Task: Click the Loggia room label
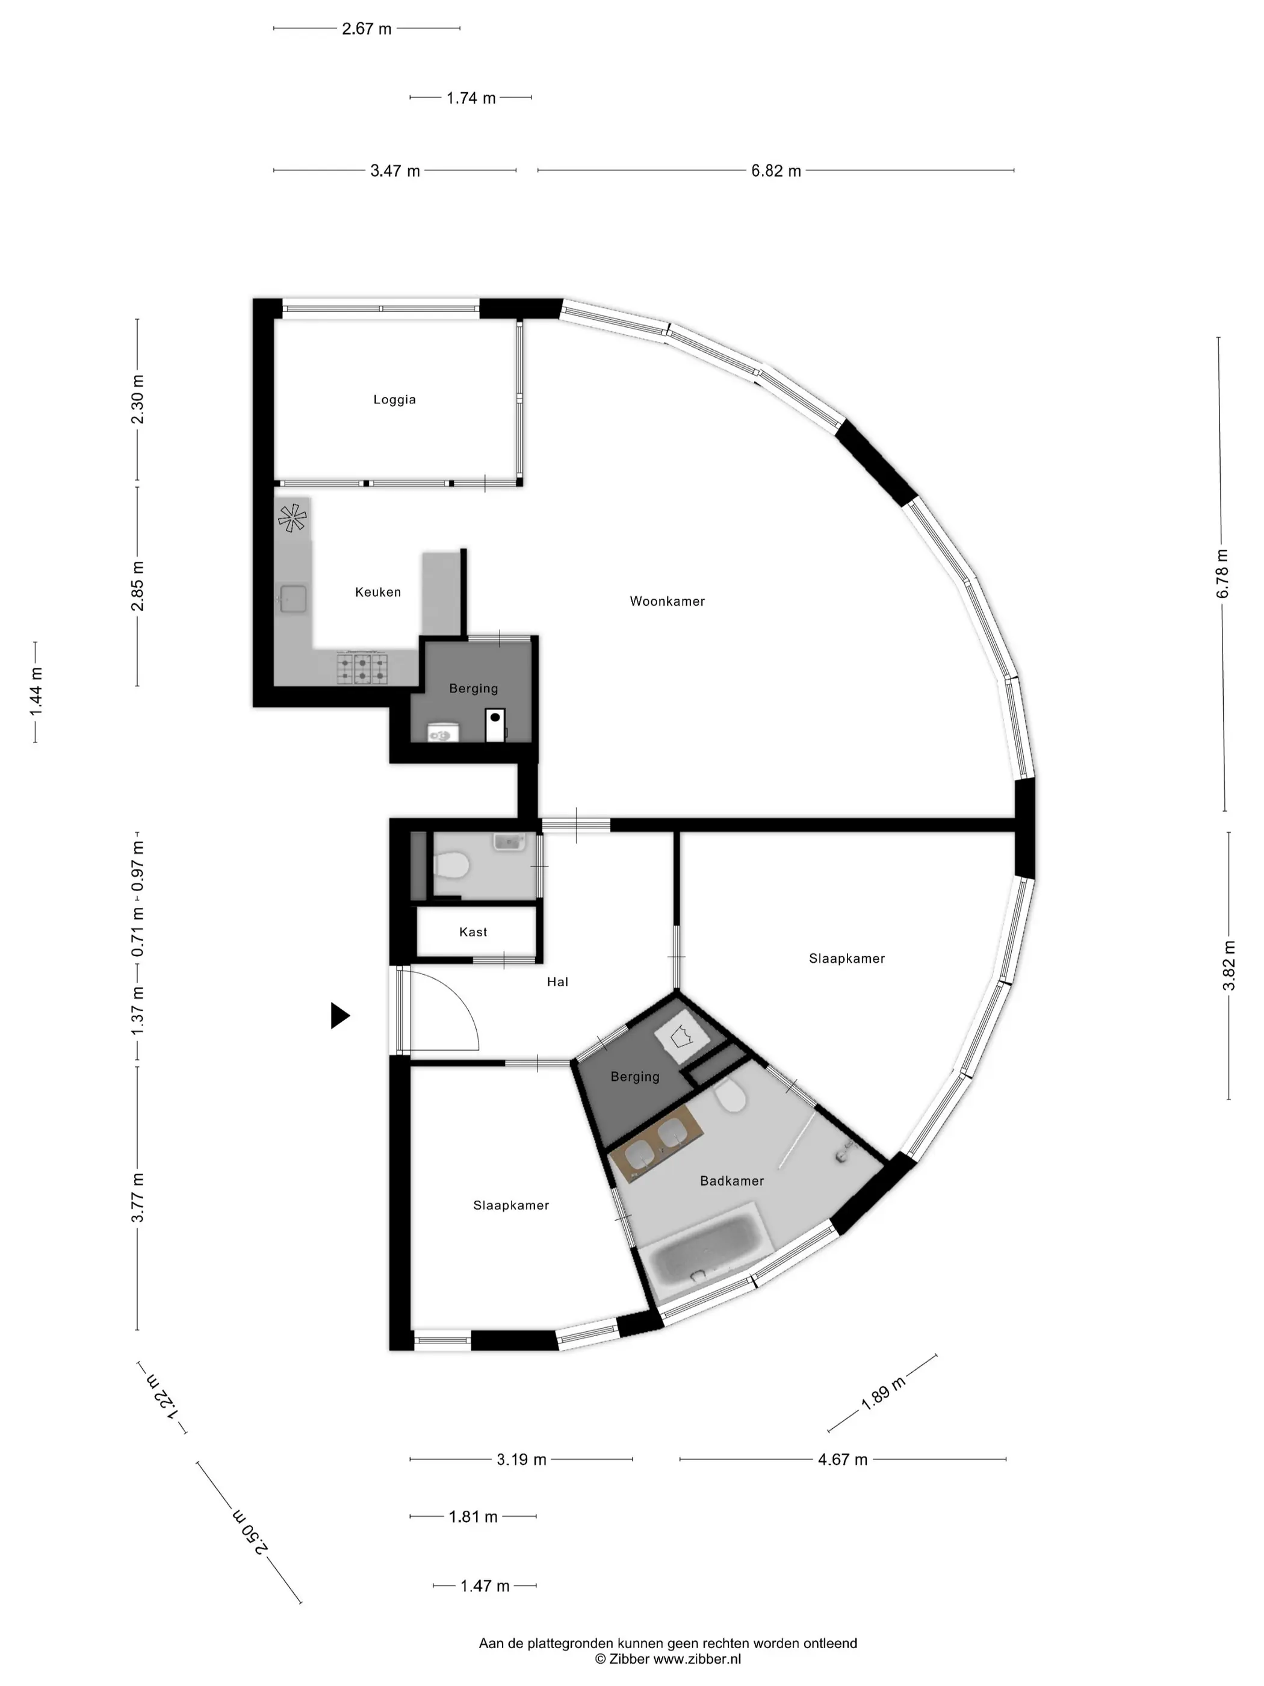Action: (x=394, y=399)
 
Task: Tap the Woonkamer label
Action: (x=667, y=602)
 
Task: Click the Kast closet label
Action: (x=473, y=932)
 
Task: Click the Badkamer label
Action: (x=731, y=1181)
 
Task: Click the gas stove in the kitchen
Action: (x=363, y=668)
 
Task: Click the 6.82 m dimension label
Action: (x=776, y=171)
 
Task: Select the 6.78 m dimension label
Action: (x=1223, y=573)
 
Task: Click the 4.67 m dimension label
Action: (x=843, y=1459)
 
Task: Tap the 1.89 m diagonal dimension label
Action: (x=884, y=1393)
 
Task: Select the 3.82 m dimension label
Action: (x=1229, y=965)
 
